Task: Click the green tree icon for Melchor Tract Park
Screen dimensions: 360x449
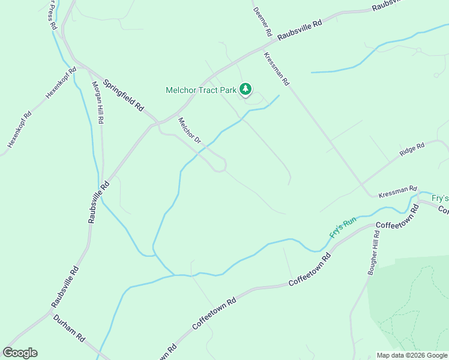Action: pyautogui.click(x=245, y=89)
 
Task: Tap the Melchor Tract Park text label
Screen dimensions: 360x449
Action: pyautogui.click(x=202, y=91)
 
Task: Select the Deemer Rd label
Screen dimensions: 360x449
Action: pyautogui.click(x=263, y=22)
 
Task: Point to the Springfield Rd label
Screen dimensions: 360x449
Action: pyautogui.click(x=124, y=95)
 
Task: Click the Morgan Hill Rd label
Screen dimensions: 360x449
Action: pyautogui.click(x=97, y=102)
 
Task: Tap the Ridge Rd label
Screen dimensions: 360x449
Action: pyautogui.click(x=412, y=149)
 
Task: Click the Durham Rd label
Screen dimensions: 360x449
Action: pyautogui.click(x=69, y=328)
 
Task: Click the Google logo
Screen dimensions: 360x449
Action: pyautogui.click(x=20, y=353)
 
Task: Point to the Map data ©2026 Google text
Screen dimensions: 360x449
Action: pyautogui.click(x=412, y=355)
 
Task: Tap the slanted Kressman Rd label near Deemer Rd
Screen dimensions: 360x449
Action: pyautogui.click(x=277, y=68)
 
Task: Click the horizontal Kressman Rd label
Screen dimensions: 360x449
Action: pyautogui.click(x=397, y=191)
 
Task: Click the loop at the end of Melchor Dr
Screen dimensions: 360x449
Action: pyautogui.click(x=220, y=164)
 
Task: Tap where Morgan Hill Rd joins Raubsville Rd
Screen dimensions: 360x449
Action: pyautogui.click(x=104, y=182)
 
